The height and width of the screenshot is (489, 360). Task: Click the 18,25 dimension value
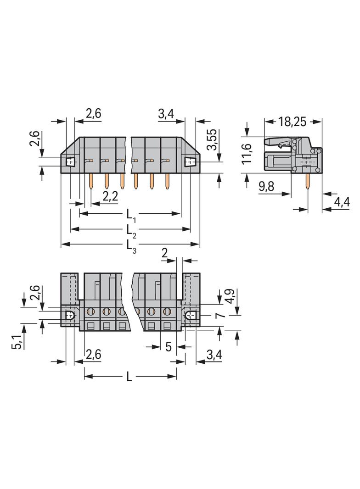point(292,121)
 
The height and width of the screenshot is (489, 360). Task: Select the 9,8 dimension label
point(266,187)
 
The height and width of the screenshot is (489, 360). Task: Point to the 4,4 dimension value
point(342,202)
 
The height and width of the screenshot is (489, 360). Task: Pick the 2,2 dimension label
point(110,196)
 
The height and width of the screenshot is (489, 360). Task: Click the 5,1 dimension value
point(17,341)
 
